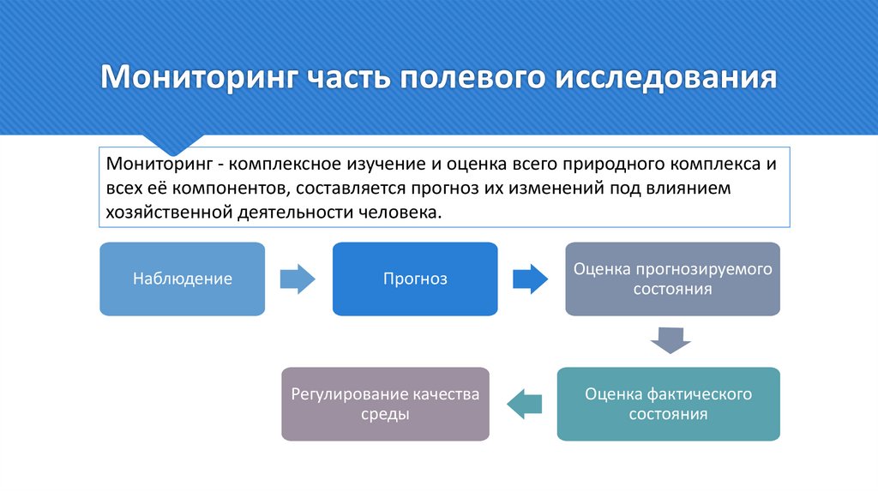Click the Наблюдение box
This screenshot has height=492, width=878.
[182, 279]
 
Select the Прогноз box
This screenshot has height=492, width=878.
[415, 279]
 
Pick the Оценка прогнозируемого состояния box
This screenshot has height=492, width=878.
[672, 279]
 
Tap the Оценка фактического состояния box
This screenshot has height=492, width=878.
[668, 405]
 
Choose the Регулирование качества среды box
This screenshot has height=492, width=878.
[385, 405]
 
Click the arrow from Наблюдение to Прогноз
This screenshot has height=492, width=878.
[298, 279]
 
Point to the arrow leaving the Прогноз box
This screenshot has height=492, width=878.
[530, 279]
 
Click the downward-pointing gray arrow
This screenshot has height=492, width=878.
[671, 340]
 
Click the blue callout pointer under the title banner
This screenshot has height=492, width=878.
[172, 142]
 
